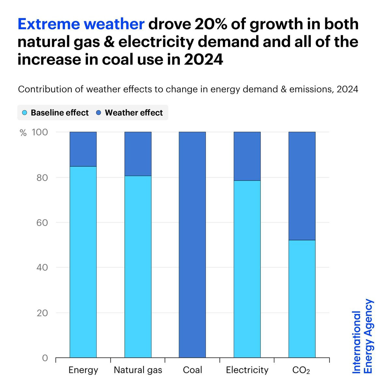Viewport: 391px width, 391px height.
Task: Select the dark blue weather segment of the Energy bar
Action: click(x=83, y=149)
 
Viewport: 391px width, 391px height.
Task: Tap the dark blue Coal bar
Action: click(x=192, y=244)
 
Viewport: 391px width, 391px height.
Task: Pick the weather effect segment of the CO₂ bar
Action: click(x=302, y=186)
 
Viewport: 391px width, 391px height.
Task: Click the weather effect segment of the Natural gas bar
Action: click(x=138, y=154)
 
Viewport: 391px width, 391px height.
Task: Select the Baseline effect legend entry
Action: click(x=55, y=113)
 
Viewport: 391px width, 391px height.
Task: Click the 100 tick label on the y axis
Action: click(x=40, y=132)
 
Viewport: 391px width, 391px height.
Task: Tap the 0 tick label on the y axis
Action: click(x=45, y=358)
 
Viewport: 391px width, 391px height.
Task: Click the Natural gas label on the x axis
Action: click(x=138, y=370)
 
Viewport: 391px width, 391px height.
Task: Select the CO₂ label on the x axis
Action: click(x=301, y=370)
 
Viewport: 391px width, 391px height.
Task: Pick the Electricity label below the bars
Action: click(x=247, y=370)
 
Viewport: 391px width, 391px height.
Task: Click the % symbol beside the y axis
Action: click(x=23, y=133)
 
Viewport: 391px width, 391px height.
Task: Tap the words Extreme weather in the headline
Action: click(x=81, y=24)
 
